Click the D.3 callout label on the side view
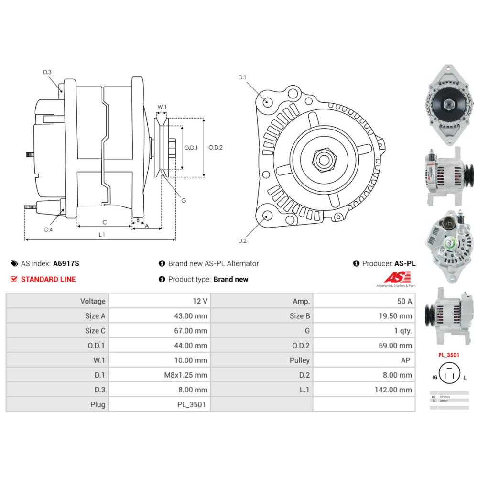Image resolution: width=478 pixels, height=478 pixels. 47,72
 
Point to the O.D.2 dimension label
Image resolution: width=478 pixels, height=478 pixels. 216,148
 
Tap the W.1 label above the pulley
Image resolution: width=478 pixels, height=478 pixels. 162,107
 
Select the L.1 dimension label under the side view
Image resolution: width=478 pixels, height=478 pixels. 102,235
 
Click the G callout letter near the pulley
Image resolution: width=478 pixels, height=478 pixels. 184,200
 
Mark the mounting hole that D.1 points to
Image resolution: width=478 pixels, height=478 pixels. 268,102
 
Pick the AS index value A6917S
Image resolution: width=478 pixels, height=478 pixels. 66,263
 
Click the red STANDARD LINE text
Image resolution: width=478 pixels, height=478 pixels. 48,279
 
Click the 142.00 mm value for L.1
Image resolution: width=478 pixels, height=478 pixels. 393,390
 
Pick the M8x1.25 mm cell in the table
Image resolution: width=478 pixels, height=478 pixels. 185,375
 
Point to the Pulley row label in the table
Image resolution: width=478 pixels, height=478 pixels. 300,360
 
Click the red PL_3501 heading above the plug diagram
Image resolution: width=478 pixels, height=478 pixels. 448,355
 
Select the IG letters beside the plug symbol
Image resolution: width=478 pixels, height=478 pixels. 435,377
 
